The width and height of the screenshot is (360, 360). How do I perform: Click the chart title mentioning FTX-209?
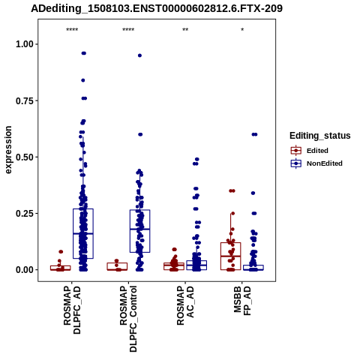coord(157,8)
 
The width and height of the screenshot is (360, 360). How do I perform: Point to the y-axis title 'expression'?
coord(8,150)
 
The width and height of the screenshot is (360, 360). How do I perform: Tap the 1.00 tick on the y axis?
coord(25,44)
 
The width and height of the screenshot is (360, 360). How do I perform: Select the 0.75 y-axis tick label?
coord(25,100)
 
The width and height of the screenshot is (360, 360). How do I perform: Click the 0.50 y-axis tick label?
coord(25,157)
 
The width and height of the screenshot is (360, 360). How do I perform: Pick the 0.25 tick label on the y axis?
coord(25,214)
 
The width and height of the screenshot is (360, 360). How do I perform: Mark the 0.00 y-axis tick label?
coord(25,270)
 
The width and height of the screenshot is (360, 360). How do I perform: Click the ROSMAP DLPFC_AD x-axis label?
coord(72,310)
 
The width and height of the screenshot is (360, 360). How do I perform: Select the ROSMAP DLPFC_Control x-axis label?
coord(128,319)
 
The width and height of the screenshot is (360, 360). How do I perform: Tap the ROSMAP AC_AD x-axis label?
coord(185,305)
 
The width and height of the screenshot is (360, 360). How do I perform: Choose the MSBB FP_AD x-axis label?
coord(242,301)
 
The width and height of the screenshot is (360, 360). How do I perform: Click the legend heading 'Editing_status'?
coord(320,136)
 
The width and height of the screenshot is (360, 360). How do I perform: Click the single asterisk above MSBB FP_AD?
coord(242,30)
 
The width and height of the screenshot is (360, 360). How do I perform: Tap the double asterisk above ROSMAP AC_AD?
coord(185,30)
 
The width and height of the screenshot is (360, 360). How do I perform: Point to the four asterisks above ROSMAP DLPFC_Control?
coord(128,30)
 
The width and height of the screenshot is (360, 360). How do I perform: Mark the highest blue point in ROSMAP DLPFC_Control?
coord(139,55)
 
